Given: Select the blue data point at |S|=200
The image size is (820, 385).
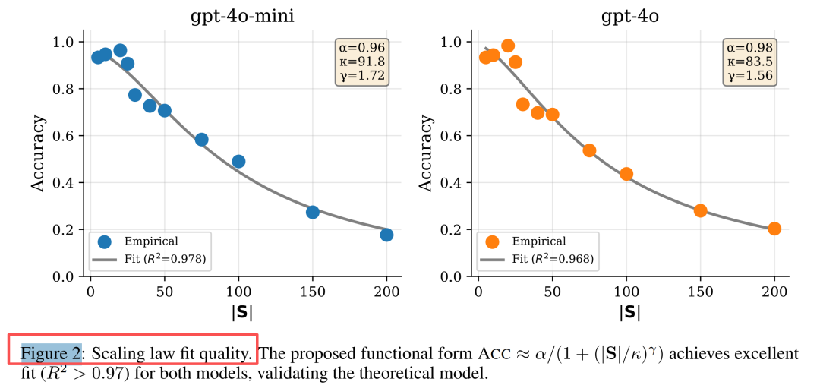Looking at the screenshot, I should (x=386, y=235).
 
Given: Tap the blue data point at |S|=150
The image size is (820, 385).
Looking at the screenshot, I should (x=312, y=212).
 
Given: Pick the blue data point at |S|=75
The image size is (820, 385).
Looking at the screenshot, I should (x=201, y=140).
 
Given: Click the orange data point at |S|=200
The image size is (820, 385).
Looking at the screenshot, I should (x=774, y=229).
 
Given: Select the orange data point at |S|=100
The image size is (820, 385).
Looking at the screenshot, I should (x=626, y=174).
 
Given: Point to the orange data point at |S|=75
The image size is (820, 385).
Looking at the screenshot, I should (x=589, y=150).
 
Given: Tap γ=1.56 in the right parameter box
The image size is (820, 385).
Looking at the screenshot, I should (x=749, y=75).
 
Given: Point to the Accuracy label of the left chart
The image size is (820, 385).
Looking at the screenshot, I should (x=38, y=153).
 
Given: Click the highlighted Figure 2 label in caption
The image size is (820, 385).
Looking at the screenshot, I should (x=51, y=354).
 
